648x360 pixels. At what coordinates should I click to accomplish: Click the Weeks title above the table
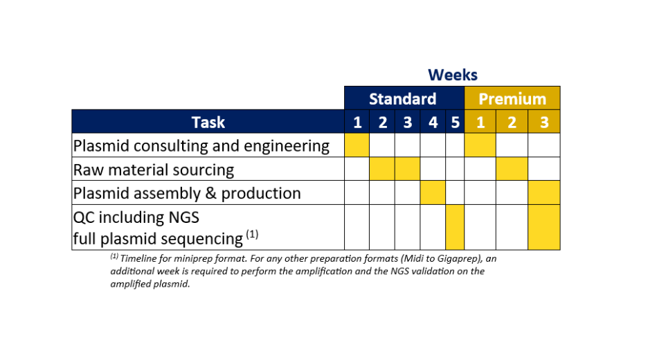point(452,75)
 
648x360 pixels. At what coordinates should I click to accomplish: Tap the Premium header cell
point(512,98)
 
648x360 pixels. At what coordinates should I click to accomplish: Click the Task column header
point(208,122)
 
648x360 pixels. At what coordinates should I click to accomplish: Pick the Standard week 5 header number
point(455,123)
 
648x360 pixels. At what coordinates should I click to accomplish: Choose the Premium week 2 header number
point(512,123)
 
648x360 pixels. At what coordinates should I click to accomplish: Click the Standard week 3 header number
point(407,123)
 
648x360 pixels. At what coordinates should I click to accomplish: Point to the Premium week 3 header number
point(544,123)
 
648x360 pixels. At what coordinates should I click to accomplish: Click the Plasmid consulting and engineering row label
point(201,145)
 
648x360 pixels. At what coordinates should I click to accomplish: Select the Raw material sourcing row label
point(154,169)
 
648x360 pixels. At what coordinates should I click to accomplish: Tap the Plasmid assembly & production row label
point(187,192)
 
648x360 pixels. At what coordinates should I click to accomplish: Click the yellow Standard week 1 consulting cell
point(357,145)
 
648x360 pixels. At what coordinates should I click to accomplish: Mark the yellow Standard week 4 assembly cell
point(433,192)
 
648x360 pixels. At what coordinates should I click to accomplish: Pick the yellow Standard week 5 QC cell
point(455,227)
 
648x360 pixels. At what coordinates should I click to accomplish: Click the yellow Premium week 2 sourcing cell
point(512,169)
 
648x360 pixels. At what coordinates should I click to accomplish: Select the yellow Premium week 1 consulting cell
point(480,145)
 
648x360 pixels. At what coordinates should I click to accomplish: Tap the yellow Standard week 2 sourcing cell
point(382,169)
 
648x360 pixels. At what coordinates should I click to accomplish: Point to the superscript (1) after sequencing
point(252,235)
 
